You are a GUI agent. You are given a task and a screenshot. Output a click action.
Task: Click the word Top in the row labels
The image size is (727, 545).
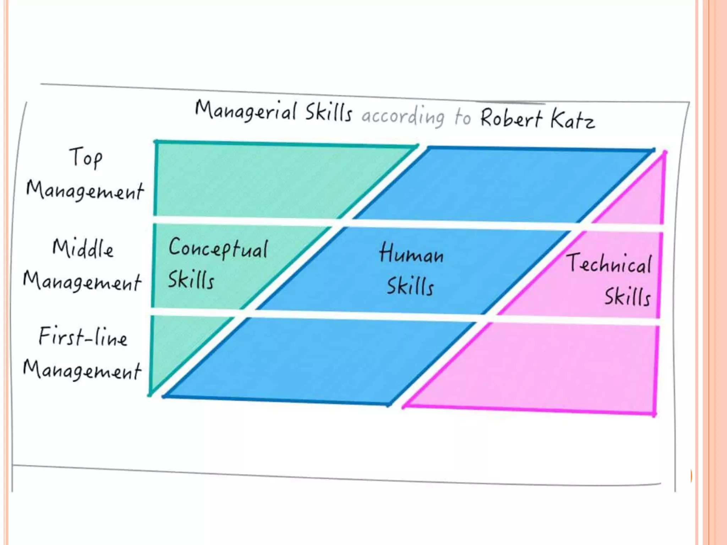pos(86,158)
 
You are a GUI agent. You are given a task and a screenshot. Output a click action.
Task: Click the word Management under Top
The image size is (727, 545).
pos(85,191)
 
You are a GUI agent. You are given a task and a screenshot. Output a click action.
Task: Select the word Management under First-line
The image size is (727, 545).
pos(82,370)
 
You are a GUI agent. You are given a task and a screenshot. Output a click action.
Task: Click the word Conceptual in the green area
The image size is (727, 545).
pos(218,248)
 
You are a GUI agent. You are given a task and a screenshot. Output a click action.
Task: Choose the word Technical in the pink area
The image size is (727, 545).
pos(609,264)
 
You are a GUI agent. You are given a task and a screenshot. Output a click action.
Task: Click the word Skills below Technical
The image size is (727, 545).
pos(628,297)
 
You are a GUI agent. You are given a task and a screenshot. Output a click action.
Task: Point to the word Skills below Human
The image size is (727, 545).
pos(410,286)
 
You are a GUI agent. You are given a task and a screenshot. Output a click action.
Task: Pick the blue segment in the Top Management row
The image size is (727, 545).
pos(497,185)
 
